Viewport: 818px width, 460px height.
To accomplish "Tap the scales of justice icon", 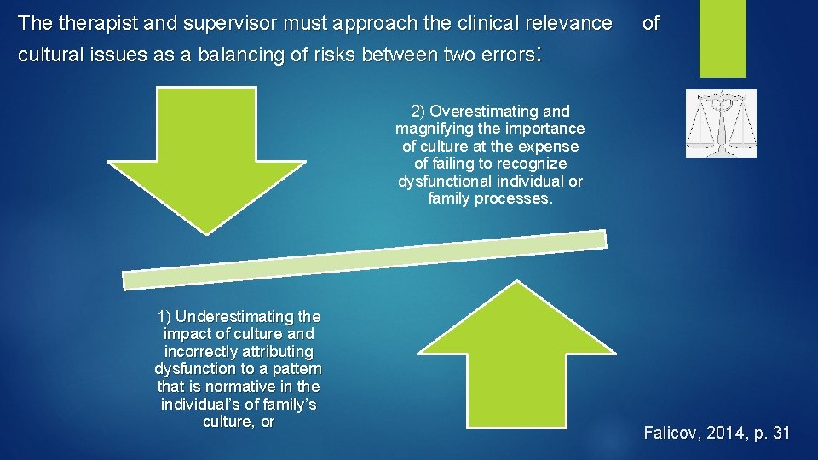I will pyautogui.click(x=720, y=124).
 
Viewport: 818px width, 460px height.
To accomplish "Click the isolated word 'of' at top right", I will pyautogui.click(x=650, y=23).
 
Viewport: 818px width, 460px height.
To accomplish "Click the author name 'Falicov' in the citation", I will pyautogui.click(x=670, y=434).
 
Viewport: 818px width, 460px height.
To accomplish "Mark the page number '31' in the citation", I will pyautogui.click(x=780, y=434).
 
